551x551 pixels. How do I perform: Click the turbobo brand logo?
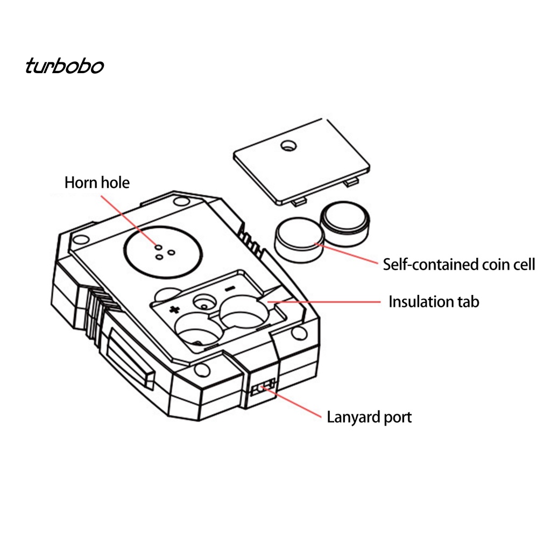(65, 66)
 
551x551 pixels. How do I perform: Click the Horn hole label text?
(97, 183)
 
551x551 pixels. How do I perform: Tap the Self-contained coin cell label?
(459, 265)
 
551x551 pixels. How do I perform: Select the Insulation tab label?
(434, 301)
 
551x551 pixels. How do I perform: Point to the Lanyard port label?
(369, 418)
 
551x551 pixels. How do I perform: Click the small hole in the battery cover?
(288, 145)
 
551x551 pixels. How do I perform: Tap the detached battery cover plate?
(301, 161)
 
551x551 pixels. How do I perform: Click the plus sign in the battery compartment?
(174, 309)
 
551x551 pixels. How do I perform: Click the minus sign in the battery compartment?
(230, 289)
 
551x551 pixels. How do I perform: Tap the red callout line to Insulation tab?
(324, 301)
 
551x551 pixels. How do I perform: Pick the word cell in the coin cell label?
(522, 265)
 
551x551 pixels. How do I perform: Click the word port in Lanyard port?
(398, 418)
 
